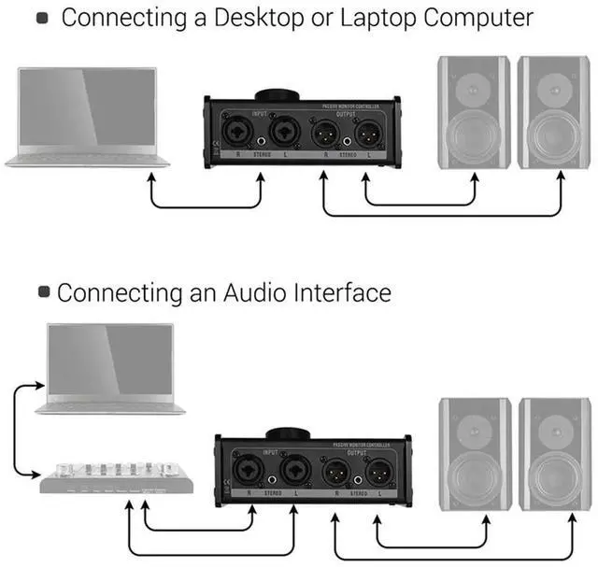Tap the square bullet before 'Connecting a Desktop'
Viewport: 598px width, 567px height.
pos(41,18)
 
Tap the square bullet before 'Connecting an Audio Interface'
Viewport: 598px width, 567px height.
pos(44,292)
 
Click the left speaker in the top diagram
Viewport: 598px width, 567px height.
pos(473,112)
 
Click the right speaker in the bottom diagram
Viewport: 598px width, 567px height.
pos(554,454)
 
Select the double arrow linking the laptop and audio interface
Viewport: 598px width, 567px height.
pos(17,430)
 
